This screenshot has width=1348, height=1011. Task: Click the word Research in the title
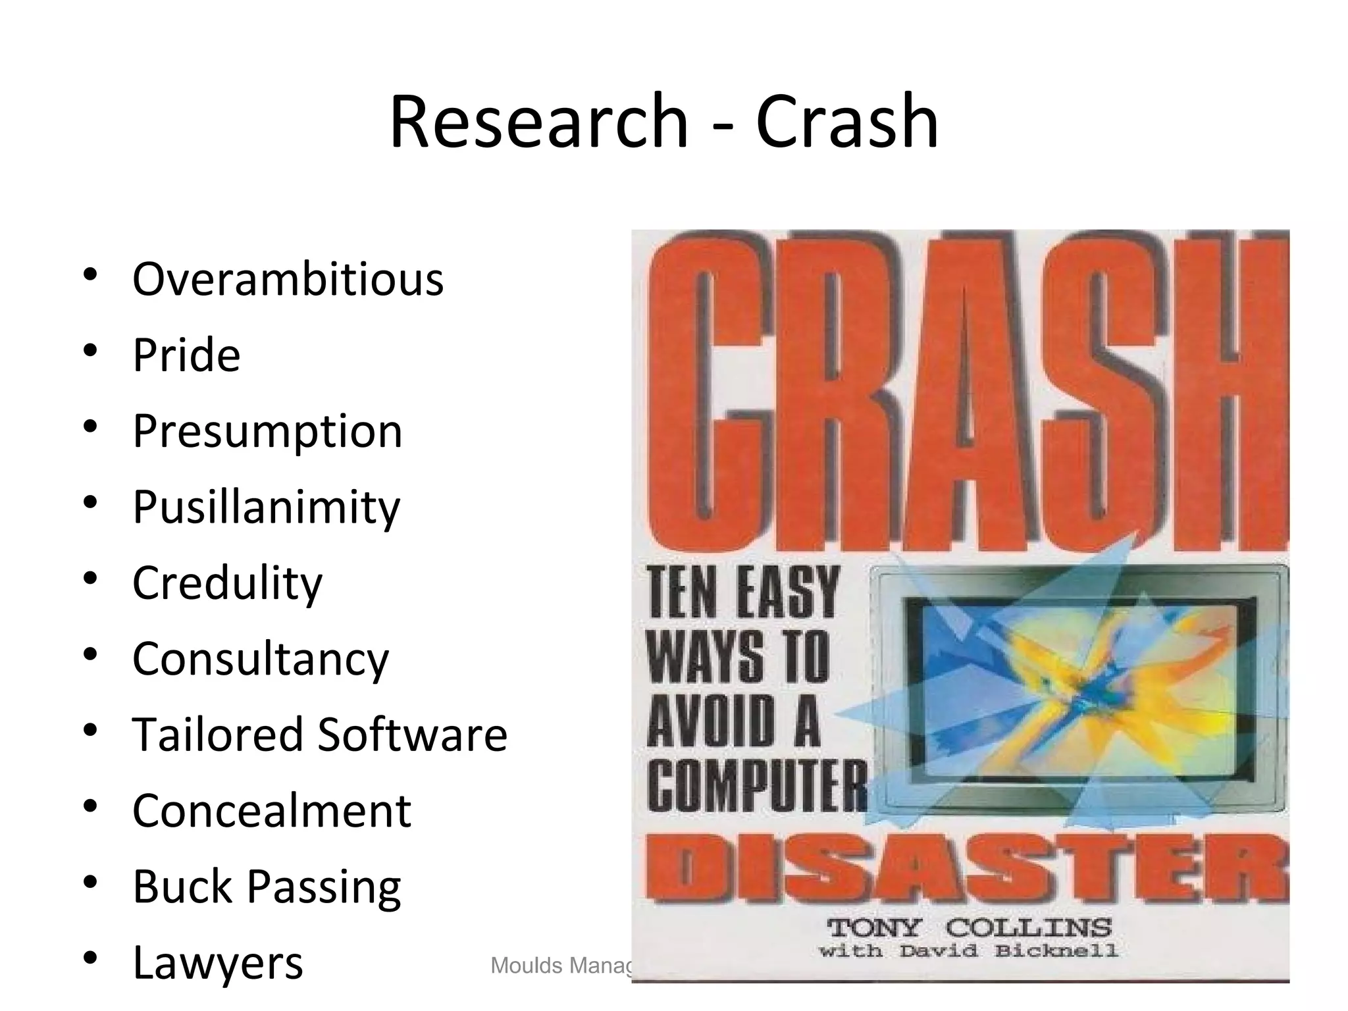tap(538, 122)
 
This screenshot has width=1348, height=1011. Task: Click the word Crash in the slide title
tap(847, 122)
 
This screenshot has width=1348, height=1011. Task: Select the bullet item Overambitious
tap(288, 280)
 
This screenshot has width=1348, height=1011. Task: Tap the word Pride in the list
tap(186, 355)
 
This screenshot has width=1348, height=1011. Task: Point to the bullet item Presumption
tap(267, 432)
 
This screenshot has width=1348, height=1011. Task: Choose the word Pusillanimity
tap(266, 507)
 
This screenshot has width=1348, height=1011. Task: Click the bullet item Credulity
tap(227, 583)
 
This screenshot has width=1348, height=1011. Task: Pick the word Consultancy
tap(261, 659)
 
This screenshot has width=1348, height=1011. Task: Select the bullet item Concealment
tap(271, 811)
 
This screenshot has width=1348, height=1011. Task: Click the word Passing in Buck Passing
tap(324, 887)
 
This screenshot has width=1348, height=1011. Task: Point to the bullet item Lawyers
tap(217, 963)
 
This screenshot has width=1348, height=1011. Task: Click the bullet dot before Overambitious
tap(91, 275)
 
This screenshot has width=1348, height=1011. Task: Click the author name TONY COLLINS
tap(969, 929)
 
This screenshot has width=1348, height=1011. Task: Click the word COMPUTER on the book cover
tap(757, 787)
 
